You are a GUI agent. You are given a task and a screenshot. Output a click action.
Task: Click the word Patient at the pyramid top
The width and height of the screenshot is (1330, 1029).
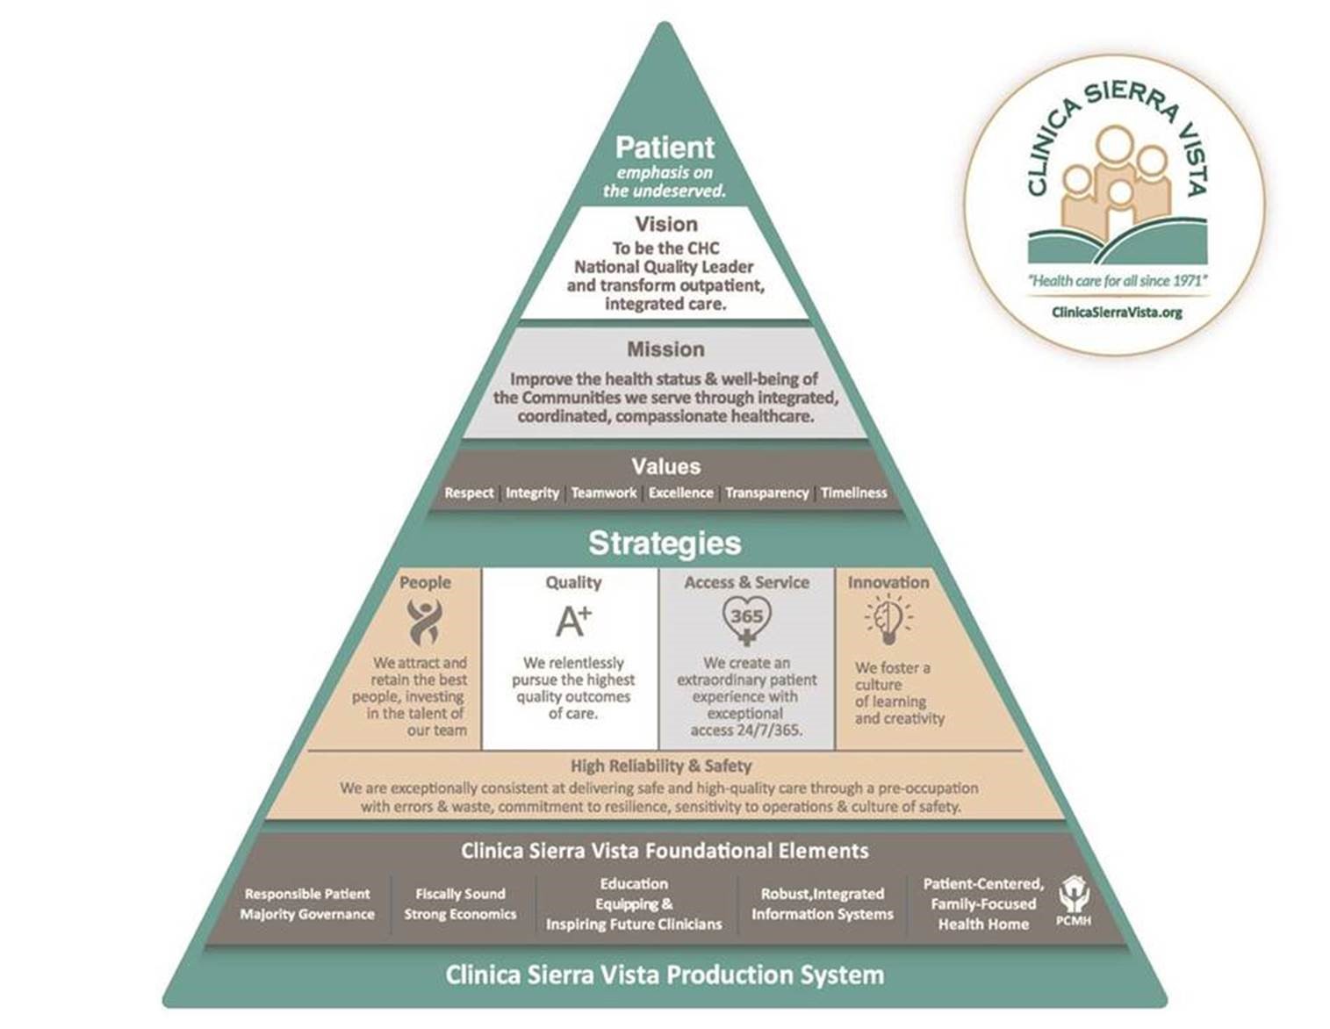point(665,148)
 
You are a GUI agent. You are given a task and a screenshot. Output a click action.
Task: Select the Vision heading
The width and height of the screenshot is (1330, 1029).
point(666,225)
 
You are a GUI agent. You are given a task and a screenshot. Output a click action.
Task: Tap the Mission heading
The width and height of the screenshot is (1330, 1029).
point(665,349)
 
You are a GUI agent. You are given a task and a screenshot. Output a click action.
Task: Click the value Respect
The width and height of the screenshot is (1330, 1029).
point(469,493)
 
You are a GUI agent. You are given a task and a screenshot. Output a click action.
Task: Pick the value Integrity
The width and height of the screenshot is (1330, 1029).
point(532,493)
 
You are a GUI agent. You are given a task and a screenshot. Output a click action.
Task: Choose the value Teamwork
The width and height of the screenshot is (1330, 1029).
point(604,493)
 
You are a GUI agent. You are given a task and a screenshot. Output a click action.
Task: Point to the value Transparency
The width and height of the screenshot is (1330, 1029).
point(766,493)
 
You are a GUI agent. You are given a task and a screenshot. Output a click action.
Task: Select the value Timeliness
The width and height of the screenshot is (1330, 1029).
point(854,493)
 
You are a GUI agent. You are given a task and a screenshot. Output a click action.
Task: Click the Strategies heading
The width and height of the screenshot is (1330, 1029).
point(665,543)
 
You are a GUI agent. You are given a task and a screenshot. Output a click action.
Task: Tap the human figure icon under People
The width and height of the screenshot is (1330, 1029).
point(424,622)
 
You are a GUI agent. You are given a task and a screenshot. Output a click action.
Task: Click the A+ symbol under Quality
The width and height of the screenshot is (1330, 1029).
point(573,621)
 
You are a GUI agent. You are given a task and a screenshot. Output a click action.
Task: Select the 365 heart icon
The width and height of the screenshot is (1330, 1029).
point(746,619)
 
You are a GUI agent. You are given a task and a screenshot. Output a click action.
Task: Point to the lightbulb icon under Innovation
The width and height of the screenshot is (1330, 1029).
point(888,620)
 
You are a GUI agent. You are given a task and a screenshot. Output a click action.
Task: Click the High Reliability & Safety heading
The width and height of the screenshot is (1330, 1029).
point(661,766)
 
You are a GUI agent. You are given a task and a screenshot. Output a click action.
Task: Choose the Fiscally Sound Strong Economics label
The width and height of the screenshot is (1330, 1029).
point(460,904)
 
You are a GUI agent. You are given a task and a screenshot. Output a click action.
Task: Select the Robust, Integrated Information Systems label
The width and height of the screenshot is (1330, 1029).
point(822,904)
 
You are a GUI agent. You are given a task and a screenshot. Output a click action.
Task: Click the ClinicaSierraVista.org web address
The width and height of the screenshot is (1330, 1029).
point(1117,312)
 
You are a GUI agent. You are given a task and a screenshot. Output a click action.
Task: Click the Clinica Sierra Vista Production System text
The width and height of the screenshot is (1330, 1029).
point(665,975)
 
